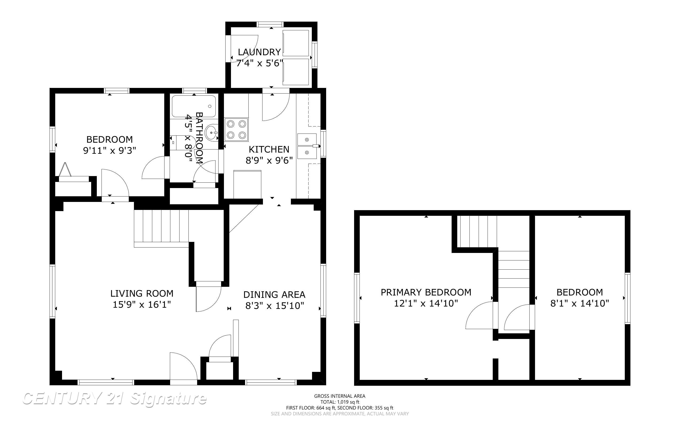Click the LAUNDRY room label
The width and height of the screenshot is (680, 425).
(259, 52)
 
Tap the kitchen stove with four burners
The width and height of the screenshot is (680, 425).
(236, 130)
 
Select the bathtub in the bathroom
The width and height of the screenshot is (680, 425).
(194, 106)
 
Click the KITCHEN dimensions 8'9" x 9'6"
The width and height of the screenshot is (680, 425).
(269, 161)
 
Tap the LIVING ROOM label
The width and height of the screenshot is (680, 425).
(142, 293)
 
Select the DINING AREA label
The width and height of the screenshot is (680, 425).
(274, 295)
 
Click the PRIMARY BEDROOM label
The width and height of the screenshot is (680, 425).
(426, 292)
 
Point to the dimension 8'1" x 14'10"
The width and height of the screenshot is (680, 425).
(579, 303)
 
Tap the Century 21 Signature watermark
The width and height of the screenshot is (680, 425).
(115, 399)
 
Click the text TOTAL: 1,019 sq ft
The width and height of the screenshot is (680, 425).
(340, 402)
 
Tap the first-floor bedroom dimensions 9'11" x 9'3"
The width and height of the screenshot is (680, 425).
(109, 151)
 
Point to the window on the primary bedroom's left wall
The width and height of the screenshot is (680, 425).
(357, 298)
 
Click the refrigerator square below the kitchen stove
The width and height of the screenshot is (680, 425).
(247, 184)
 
